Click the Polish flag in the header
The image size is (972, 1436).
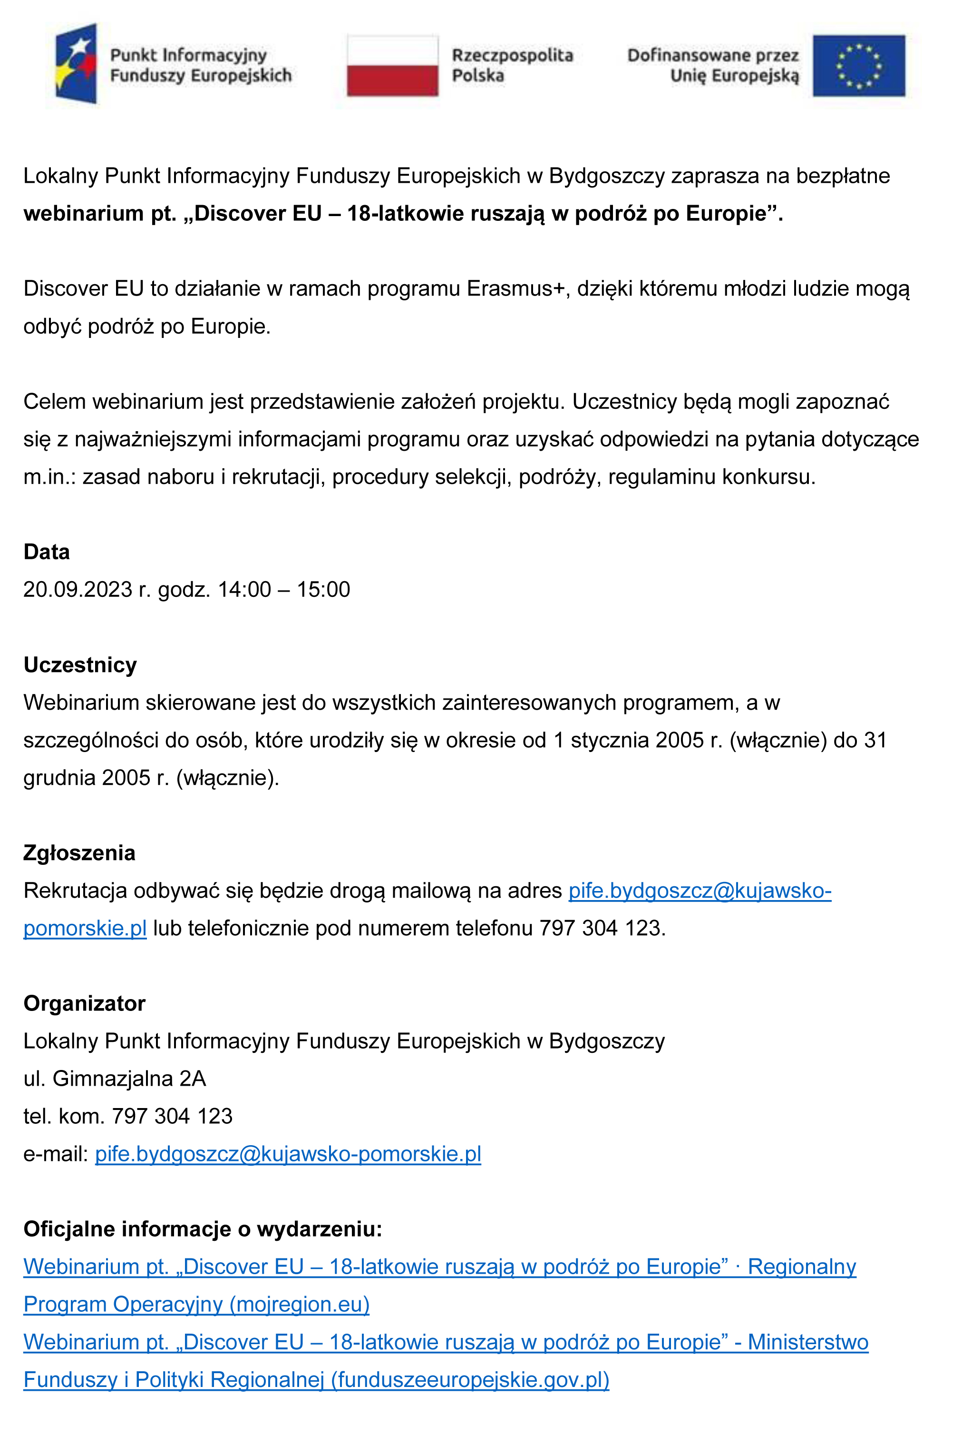[x=392, y=66]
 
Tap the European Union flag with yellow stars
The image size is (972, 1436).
[x=858, y=66]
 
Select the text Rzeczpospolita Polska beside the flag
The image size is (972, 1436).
[x=512, y=65]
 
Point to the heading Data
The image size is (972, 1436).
[x=46, y=552]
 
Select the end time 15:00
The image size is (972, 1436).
[x=323, y=589]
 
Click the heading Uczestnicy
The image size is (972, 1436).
[x=80, y=665]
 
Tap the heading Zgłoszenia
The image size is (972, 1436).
[x=79, y=853]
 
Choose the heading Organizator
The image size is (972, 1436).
[x=85, y=1003]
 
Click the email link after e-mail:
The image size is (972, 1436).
[x=288, y=1154]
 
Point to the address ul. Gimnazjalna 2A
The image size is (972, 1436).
[x=115, y=1079]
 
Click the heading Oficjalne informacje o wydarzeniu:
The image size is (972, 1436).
[x=203, y=1229]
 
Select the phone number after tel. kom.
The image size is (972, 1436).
[x=172, y=1117]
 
